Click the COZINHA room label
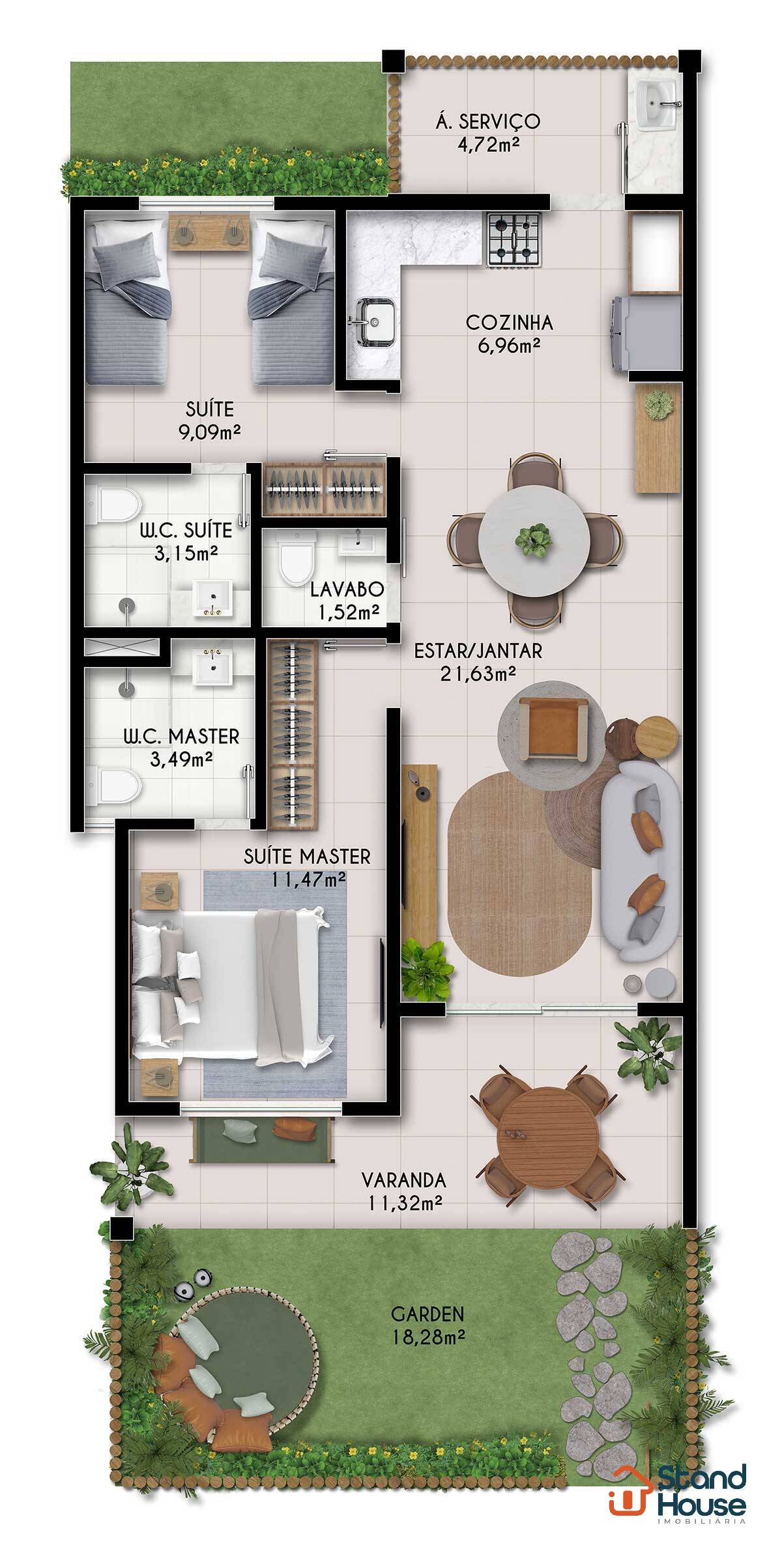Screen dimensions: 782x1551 pos(510,322)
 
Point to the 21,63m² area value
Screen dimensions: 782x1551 pos(478,674)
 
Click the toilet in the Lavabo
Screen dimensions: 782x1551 pos(296,557)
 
